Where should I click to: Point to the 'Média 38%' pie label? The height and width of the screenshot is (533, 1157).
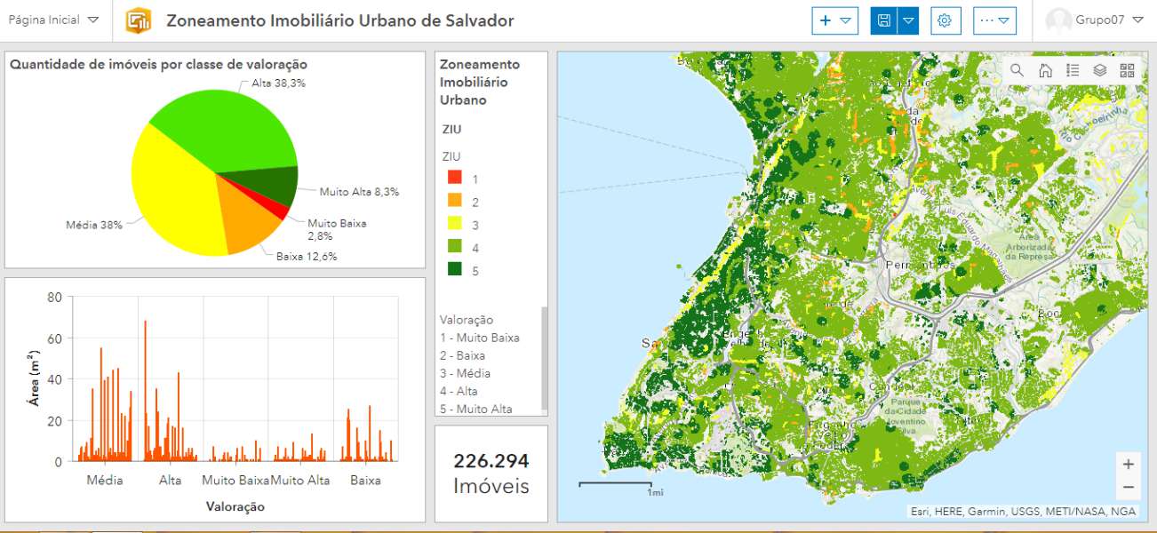(x=94, y=225)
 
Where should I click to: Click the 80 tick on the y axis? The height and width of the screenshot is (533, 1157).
(x=54, y=298)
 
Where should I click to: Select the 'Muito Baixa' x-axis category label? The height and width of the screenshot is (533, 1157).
(x=235, y=481)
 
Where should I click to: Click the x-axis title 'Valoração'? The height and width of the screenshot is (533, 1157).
(x=235, y=506)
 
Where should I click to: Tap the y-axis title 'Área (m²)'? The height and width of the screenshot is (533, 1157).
(x=34, y=380)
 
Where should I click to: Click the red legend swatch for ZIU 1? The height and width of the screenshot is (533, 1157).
(x=454, y=179)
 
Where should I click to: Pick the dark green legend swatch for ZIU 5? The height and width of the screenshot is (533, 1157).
(x=454, y=271)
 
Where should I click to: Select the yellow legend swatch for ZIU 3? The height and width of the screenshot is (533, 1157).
(x=454, y=225)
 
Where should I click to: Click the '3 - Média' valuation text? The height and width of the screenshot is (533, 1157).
(x=465, y=373)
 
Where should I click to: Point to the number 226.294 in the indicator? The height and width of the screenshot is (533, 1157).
(x=491, y=461)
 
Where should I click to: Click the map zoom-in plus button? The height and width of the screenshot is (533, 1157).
(x=1128, y=464)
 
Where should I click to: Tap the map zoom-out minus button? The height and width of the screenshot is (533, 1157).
(x=1128, y=487)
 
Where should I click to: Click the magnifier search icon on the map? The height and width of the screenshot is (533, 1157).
(x=1017, y=70)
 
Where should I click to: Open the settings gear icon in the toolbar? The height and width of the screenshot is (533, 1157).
(x=945, y=20)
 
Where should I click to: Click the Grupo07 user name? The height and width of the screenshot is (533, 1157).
(x=1099, y=20)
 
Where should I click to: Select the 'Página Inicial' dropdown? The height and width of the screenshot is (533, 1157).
(x=53, y=20)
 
